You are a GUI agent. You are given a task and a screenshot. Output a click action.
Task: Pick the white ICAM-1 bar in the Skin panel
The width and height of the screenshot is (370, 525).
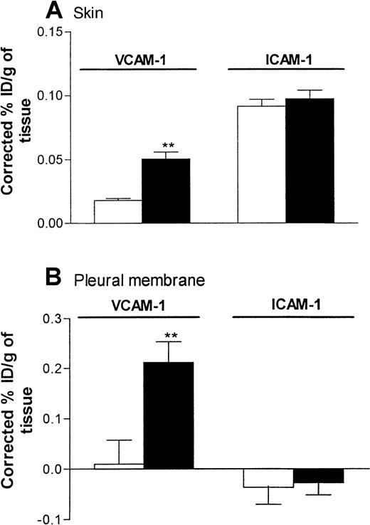pyautogui.click(x=260, y=164)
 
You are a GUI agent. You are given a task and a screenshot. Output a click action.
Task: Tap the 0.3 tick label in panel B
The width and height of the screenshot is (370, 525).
pyautogui.click(x=52, y=319)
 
